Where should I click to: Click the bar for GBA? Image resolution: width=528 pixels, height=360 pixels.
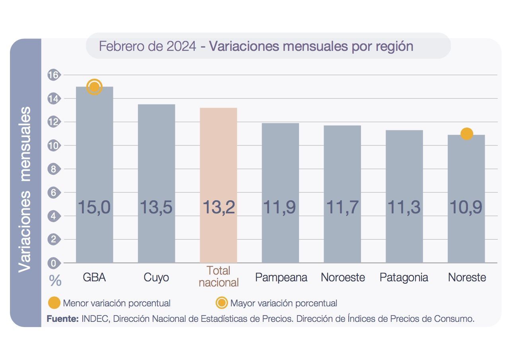[x=94, y=159]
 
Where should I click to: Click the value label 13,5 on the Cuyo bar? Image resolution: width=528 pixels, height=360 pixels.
[x=156, y=207]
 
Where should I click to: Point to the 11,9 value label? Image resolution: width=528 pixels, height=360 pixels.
[x=280, y=207]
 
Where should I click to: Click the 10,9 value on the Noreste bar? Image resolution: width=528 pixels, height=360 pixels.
[x=466, y=207]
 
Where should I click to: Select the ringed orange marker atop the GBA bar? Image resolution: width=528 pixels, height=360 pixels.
[x=94, y=87]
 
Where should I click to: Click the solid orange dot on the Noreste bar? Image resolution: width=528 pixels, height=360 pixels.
[x=466, y=134]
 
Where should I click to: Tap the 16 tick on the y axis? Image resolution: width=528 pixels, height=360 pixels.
[x=53, y=75]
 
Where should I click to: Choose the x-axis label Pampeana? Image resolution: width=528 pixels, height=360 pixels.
[x=281, y=277]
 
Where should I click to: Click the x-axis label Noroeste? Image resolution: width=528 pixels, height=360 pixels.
[x=343, y=277]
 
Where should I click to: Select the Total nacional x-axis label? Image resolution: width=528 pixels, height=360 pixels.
[x=218, y=277]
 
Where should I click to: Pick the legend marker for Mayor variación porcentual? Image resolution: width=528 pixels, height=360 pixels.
[x=221, y=303]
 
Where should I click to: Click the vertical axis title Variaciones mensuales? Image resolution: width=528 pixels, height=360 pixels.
[x=25, y=189]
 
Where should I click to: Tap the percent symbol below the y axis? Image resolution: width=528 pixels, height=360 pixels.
[x=55, y=281]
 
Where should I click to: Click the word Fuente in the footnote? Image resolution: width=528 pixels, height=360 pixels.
[x=62, y=319]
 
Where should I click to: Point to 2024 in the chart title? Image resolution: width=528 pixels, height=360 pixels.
[x=181, y=46]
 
